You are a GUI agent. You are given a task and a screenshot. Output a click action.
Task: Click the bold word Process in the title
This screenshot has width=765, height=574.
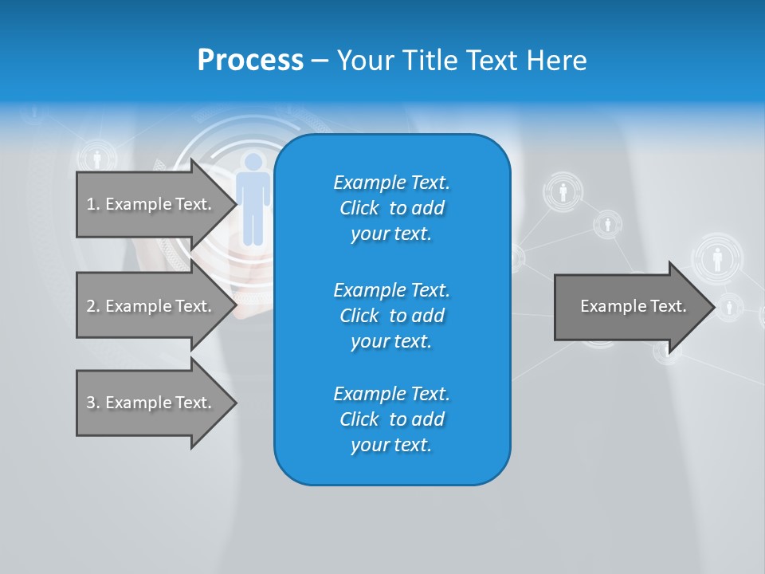pyautogui.click(x=250, y=61)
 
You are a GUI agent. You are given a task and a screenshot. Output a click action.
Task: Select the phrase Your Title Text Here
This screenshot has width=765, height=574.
pyautogui.click(x=461, y=61)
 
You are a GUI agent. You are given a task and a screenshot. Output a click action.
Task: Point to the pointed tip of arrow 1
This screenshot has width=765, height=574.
pyautogui.click(x=234, y=204)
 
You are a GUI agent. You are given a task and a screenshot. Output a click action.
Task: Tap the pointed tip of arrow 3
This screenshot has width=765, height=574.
pyautogui.click(x=234, y=403)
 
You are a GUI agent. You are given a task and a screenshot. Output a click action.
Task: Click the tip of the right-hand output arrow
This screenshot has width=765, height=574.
pyautogui.click(x=712, y=306)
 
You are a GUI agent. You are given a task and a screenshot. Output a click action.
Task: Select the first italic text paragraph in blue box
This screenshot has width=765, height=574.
pyautogui.click(x=391, y=208)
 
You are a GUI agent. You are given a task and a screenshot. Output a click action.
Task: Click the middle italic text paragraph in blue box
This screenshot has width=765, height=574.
pyautogui.click(x=391, y=316)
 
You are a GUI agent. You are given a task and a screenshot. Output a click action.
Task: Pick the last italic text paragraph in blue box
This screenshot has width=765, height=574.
pyautogui.click(x=391, y=419)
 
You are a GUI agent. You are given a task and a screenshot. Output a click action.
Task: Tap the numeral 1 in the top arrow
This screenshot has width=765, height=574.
pyautogui.click(x=90, y=204)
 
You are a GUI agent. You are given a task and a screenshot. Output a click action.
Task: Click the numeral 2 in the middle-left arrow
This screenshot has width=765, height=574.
pyautogui.click(x=90, y=306)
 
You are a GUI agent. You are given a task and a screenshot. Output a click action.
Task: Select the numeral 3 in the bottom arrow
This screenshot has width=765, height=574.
pyautogui.click(x=90, y=403)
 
